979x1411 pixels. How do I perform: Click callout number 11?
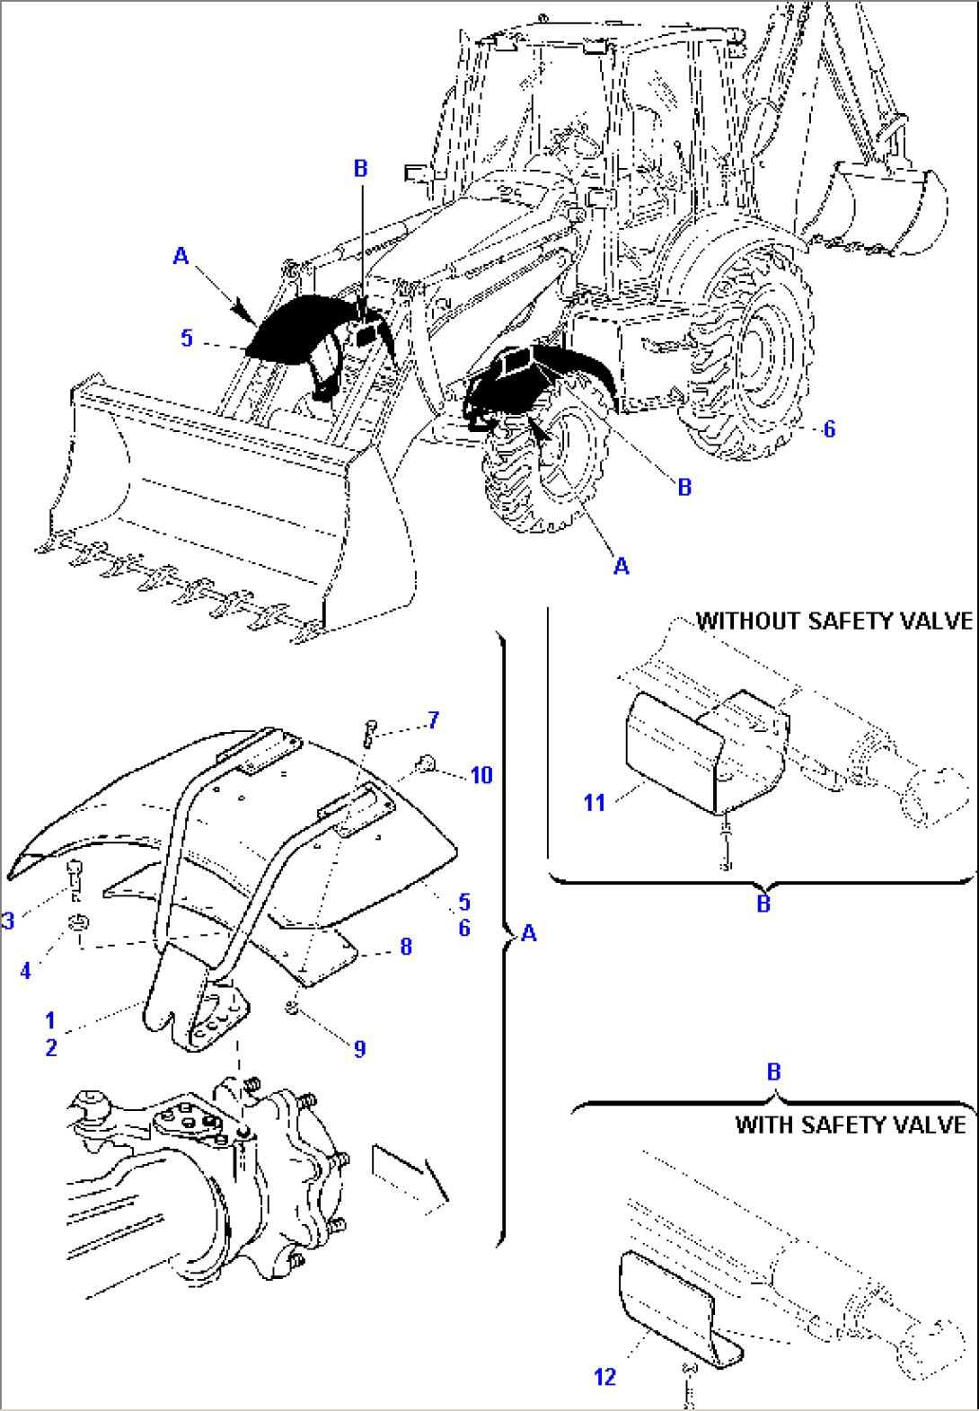point(595,802)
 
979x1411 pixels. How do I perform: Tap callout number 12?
point(604,1377)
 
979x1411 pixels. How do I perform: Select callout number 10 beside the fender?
point(481,775)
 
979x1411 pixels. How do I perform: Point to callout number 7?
point(434,719)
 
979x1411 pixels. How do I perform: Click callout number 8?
point(406,947)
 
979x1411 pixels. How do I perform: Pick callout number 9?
point(359,1048)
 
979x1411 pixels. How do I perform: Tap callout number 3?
point(8,921)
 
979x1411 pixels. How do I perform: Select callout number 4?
point(25,970)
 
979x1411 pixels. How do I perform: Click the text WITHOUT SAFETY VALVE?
point(834,621)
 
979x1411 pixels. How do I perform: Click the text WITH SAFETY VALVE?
point(850,1124)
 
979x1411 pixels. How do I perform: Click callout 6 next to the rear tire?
point(829,429)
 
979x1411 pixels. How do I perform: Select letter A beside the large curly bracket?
point(529,933)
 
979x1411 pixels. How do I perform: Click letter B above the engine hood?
point(361,168)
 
